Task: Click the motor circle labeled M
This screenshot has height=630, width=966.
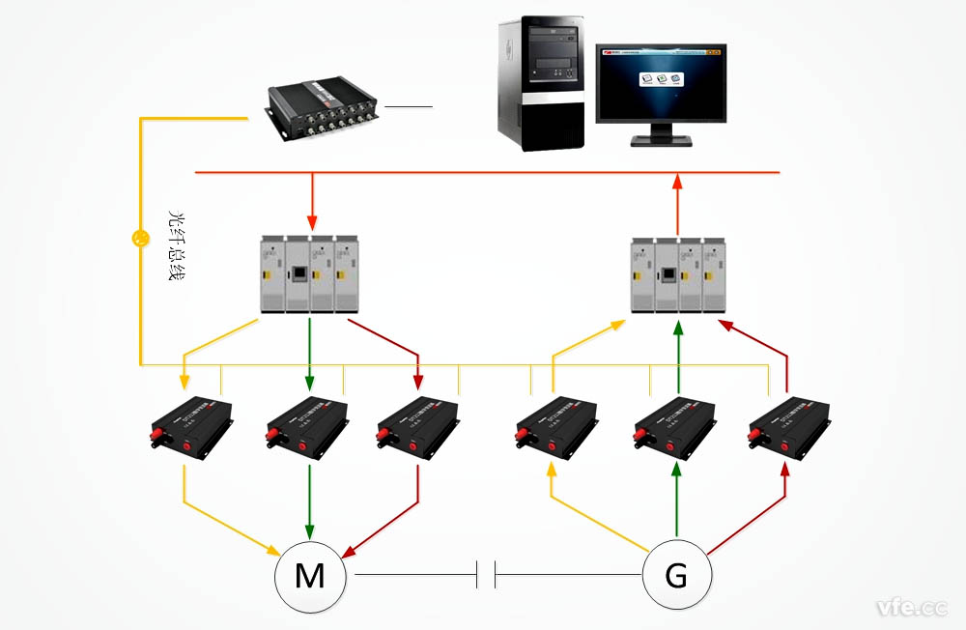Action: coord(310,577)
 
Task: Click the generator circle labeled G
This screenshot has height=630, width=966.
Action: coord(677,577)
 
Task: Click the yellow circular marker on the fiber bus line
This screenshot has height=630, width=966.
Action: coord(141,237)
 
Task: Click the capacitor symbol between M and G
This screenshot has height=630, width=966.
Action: coord(486,577)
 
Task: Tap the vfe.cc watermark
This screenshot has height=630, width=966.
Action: coord(911,607)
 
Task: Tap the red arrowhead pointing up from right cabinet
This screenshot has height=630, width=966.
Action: coord(677,183)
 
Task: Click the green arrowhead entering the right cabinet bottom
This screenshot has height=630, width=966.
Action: coord(678,328)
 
